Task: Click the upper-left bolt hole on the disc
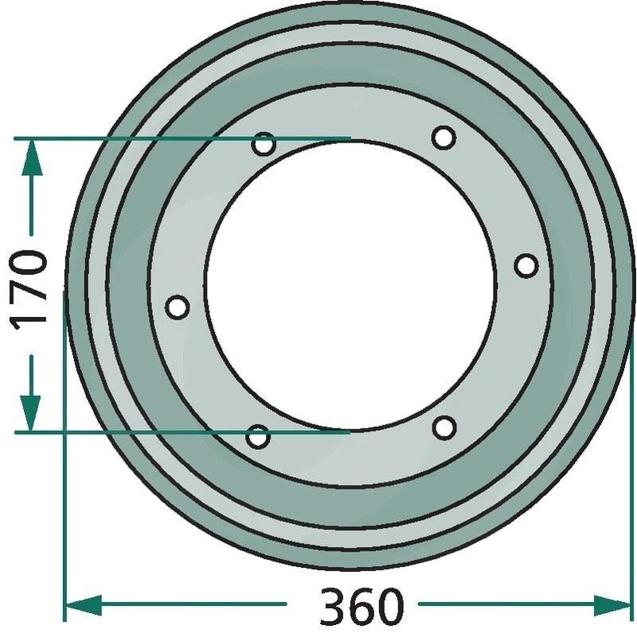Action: pyautogui.click(x=264, y=144)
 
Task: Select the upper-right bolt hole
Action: pyautogui.click(x=444, y=137)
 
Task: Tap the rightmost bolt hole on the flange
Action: pyautogui.click(x=526, y=266)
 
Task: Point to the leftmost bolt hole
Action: pyautogui.click(x=177, y=307)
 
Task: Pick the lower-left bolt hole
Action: pyautogui.click(x=258, y=436)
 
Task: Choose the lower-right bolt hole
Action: pyautogui.click(x=444, y=428)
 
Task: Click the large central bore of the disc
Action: pyautogui.click(x=351, y=285)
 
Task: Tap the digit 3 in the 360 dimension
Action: pyautogui.click(x=334, y=606)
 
